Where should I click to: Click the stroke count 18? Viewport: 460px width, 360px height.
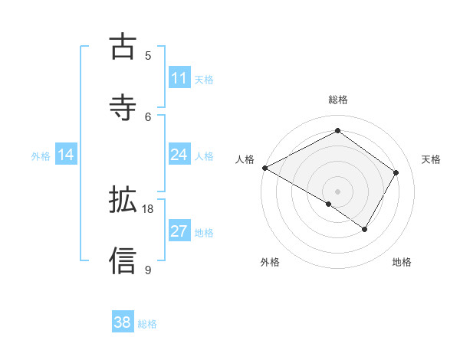pyautogui.click(x=148, y=208)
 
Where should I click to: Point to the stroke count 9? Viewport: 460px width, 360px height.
pyautogui.click(x=148, y=270)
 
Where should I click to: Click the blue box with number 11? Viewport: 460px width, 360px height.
pyautogui.click(x=179, y=78)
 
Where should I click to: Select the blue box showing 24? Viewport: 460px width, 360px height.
pyautogui.click(x=179, y=155)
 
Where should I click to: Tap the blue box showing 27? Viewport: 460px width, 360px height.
pyautogui.click(x=179, y=231)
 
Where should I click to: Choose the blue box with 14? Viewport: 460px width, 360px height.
pyautogui.click(x=66, y=155)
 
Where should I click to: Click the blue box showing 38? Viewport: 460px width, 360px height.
pyautogui.click(x=123, y=322)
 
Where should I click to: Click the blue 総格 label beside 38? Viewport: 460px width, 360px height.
pyautogui.click(x=147, y=324)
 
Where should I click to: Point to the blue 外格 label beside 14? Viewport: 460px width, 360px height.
pyautogui.click(x=41, y=156)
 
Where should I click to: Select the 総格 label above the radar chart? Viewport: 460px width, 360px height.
pyautogui.click(x=338, y=100)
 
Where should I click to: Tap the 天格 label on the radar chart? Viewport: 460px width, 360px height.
pyautogui.click(x=431, y=159)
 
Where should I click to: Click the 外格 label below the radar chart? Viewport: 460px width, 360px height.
pyautogui.click(x=270, y=263)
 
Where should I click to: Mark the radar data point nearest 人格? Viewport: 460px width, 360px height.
pyautogui.click(x=264, y=168)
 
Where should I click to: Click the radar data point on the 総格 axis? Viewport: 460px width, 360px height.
pyautogui.click(x=337, y=131)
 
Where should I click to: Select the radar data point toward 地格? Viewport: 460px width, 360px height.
pyautogui.click(x=365, y=229)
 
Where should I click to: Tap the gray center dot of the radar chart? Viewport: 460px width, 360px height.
pyautogui.click(x=337, y=191)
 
